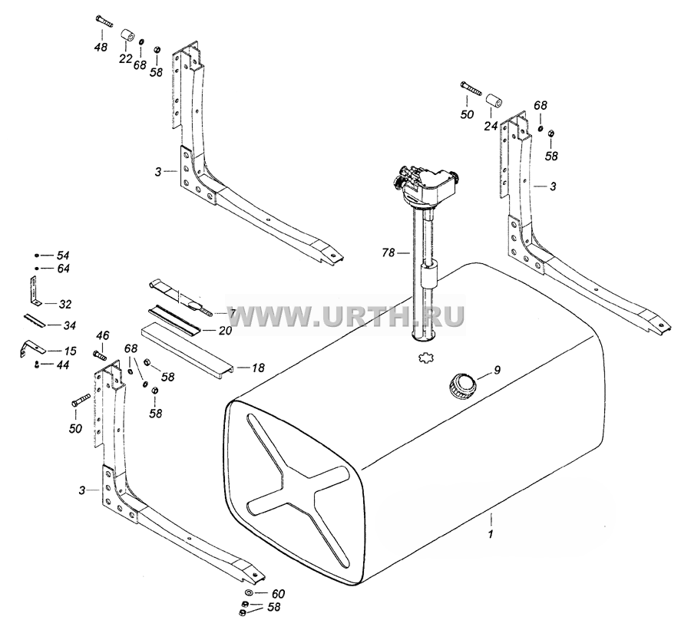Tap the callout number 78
388,253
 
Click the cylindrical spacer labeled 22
127,36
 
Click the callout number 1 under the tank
491,534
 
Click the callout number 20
225,331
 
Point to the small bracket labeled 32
32,292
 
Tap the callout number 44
63,364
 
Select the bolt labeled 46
99,353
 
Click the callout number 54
63,256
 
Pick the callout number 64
63,269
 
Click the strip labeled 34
34,321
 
